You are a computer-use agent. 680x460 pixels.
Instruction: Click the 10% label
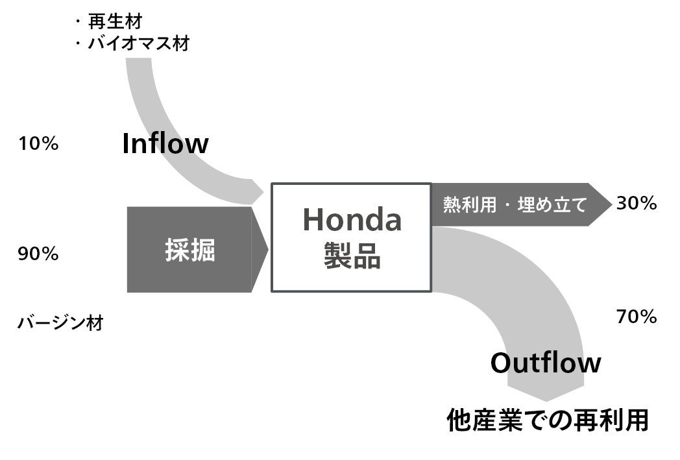click(x=38, y=144)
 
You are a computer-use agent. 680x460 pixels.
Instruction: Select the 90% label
click(x=38, y=254)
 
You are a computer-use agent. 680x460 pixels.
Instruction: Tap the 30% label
click(x=637, y=204)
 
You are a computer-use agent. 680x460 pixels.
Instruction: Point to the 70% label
click(x=637, y=317)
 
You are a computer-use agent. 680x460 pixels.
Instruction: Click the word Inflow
click(x=165, y=144)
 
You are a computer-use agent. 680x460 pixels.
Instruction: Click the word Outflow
click(x=545, y=363)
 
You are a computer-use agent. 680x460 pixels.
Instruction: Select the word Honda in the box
click(x=352, y=220)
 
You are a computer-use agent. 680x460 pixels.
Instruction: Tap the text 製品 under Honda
click(x=352, y=258)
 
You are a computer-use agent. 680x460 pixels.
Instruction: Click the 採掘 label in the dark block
click(x=189, y=250)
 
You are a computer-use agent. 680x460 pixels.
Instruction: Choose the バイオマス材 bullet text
click(x=139, y=44)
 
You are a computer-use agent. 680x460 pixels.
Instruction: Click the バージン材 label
click(x=60, y=322)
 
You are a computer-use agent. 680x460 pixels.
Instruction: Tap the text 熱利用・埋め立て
click(x=515, y=205)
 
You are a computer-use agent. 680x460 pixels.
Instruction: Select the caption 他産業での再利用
click(x=548, y=420)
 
